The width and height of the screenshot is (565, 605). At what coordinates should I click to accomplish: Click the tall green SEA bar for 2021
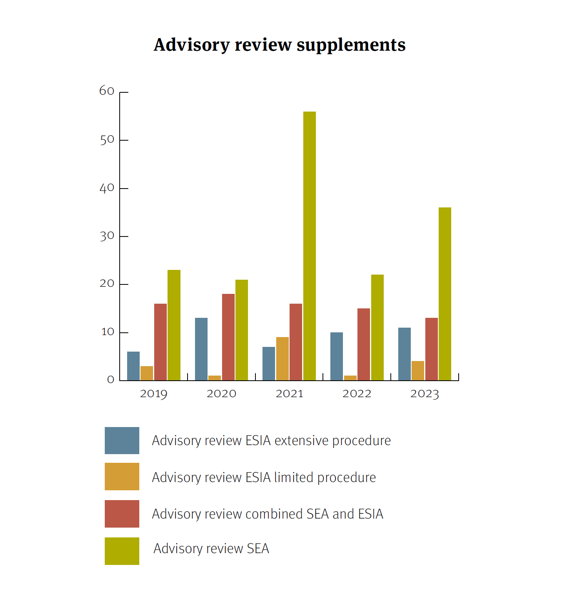click(x=309, y=246)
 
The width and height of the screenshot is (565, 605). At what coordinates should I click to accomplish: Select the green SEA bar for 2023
click(x=445, y=294)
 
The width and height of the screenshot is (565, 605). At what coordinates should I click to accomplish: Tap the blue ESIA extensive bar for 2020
click(x=201, y=349)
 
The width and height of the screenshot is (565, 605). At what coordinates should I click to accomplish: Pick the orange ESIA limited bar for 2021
click(x=282, y=359)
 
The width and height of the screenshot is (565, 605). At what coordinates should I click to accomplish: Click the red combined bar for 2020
click(x=228, y=337)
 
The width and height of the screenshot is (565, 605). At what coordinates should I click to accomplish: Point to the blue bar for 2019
click(x=133, y=366)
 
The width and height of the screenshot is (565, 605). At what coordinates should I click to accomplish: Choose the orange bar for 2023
click(x=417, y=370)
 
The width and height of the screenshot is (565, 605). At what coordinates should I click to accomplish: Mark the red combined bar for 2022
click(x=363, y=344)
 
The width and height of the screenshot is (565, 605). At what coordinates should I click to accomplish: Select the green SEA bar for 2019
click(x=174, y=325)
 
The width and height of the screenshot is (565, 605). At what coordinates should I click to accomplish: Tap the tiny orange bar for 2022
click(x=350, y=378)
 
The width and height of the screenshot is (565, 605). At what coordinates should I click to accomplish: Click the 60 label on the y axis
click(x=107, y=91)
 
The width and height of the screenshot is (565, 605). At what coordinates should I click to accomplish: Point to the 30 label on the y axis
click(x=107, y=236)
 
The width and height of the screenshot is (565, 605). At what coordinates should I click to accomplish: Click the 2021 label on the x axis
click(x=290, y=394)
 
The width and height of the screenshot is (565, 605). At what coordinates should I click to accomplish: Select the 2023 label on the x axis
click(x=425, y=394)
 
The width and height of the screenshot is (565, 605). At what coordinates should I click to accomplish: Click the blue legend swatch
click(x=122, y=440)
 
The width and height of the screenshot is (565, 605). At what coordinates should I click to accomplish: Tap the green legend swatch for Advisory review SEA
click(x=122, y=551)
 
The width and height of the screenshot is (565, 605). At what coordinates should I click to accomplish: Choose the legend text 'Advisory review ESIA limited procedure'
click(x=264, y=477)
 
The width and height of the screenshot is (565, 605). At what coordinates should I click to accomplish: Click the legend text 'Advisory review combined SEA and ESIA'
click(x=267, y=514)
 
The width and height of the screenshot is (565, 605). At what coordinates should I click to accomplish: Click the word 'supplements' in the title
click(x=351, y=45)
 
